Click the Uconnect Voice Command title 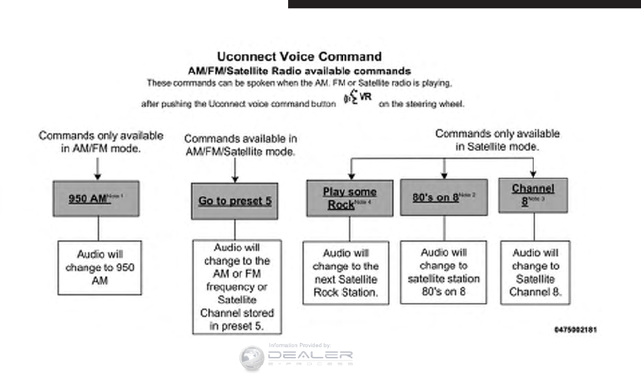coord(299,56)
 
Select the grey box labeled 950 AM coord(96,199)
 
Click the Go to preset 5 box coord(235,201)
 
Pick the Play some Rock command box coord(349,198)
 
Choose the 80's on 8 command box coord(443,197)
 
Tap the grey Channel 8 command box coord(533,196)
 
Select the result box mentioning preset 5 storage coord(237,287)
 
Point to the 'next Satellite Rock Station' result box coord(345,273)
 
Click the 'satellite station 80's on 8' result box coord(443,272)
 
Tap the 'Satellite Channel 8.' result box coord(535,273)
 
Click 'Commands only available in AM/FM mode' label coord(101,141)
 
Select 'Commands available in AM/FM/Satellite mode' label coord(240,145)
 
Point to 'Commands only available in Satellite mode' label coord(497,139)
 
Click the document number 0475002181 coord(575,328)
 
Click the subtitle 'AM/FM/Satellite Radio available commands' coord(299,71)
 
